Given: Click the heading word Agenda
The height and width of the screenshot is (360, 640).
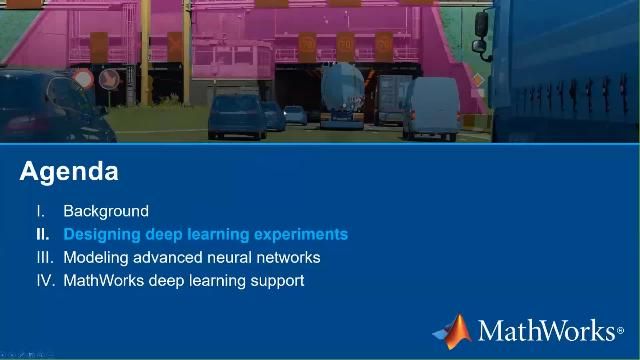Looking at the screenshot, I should click(69, 171).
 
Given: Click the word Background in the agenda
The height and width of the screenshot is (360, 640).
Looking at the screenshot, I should click(106, 211).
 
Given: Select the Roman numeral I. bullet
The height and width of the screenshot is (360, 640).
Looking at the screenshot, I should click(41, 211).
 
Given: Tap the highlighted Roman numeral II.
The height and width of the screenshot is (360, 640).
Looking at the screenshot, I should click(42, 234).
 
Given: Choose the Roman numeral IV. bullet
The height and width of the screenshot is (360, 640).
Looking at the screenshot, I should click(44, 280).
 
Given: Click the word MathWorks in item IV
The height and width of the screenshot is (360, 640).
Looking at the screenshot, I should click(104, 280).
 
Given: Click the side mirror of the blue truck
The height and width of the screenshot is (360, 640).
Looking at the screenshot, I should click(482, 30).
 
